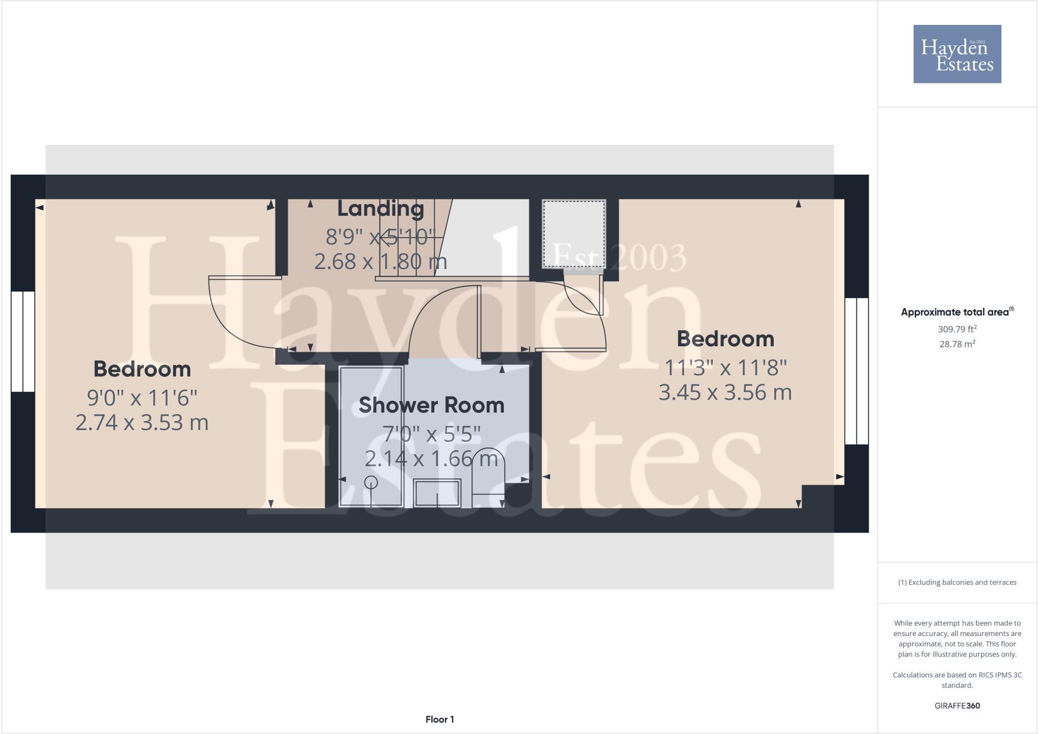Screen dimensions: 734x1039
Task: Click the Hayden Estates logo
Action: coord(957,54)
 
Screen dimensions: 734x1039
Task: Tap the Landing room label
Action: coord(380,209)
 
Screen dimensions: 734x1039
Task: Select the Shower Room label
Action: coord(431,405)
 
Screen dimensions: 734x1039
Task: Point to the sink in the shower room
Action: coord(437,493)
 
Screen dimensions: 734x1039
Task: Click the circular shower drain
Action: coord(371,482)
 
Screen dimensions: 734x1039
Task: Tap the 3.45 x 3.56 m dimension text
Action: coord(725,392)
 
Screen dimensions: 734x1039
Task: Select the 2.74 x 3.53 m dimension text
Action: coord(142,422)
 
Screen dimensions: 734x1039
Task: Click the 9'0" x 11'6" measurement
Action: coord(142,397)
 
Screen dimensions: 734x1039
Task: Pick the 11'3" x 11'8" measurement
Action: coord(725,366)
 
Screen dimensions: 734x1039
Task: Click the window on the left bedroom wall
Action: coord(23,341)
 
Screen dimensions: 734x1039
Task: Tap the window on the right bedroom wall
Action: coord(856,371)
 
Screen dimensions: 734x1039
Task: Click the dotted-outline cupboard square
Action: coord(574,234)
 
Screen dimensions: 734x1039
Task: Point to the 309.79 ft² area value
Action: coord(957,329)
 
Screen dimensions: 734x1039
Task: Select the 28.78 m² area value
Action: coord(957,344)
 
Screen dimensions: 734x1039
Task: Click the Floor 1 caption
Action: coord(440,719)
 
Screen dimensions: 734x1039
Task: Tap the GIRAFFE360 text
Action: coord(957,706)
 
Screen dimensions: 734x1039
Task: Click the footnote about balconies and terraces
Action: coord(957,582)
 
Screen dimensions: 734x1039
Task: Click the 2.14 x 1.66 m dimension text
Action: coord(431,459)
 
